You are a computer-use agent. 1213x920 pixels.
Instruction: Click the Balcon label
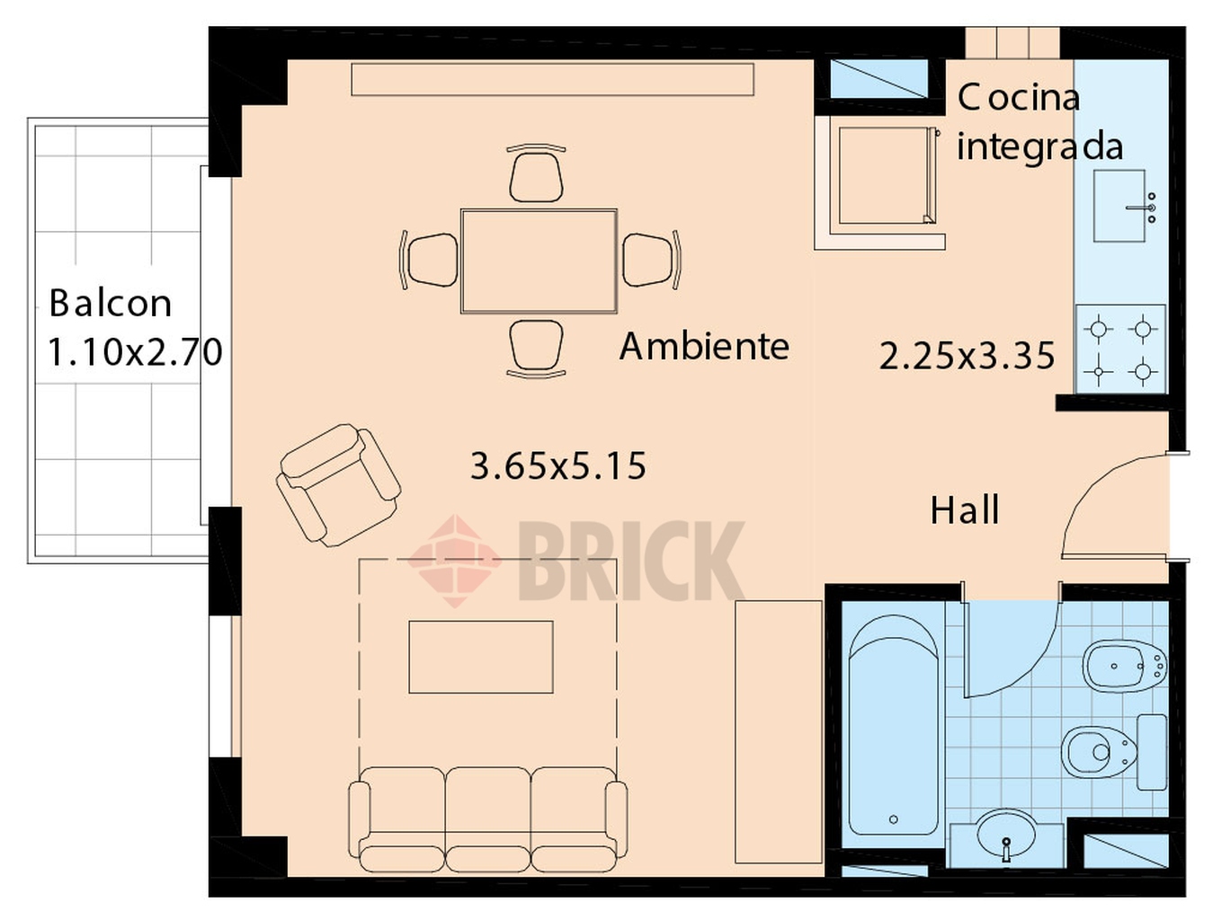[110, 303]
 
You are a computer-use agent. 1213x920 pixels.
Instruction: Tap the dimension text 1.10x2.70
[136, 351]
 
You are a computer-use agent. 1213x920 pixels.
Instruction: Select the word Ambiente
[704, 346]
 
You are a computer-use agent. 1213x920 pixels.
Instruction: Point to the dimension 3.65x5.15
[557, 465]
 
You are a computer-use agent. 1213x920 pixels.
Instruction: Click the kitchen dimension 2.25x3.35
[967, 356]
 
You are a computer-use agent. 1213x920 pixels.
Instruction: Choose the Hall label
[965, 510]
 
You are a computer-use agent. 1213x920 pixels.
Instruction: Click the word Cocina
[1019, 98]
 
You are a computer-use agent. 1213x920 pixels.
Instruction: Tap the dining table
[539, 261]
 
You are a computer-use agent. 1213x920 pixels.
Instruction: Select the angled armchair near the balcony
[338, 485]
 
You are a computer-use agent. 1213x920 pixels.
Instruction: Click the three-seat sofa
[487, 819]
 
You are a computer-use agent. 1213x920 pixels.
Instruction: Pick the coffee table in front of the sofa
[481, 657]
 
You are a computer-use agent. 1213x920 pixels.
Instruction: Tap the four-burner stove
[1120, 349]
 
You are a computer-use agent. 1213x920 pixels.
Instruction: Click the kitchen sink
[1119, 206]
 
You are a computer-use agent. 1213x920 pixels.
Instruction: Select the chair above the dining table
[536, 173]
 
